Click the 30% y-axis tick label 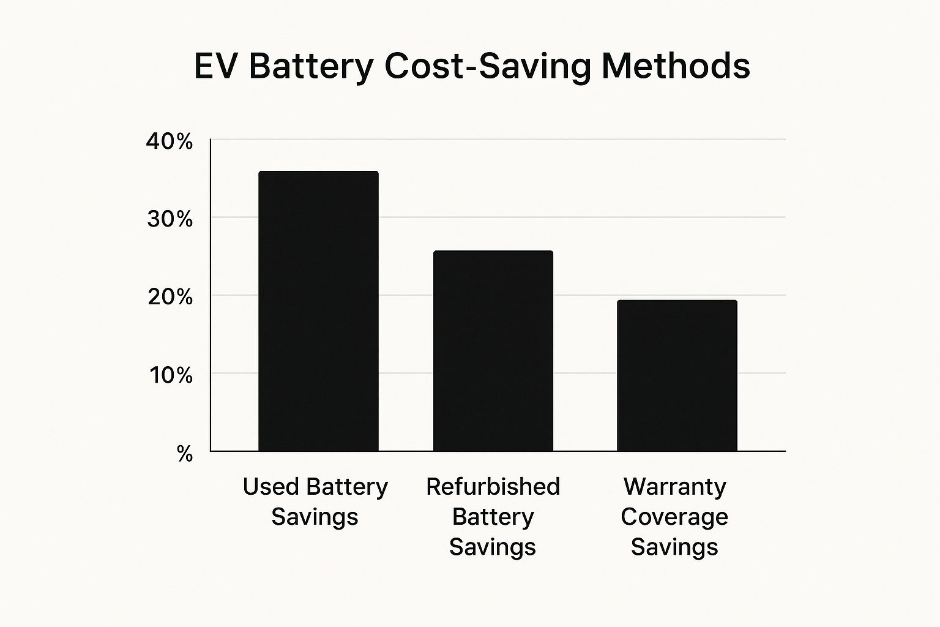click(x=170, y=219)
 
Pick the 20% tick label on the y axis click(x=170, y=297)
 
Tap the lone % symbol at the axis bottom click(x=184, y=454)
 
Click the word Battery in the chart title click(x=311, y=66)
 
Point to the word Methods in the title click(x=676, y=66)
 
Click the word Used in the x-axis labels click(x=269, y=487)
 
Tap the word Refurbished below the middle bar click(x=493, y=487)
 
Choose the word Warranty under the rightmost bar click(x=674, y=487)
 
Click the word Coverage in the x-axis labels click(x=674, y=517)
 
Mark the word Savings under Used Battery click(x=315, y=517)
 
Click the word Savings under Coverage click(x=674, y=547)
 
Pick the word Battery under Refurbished click(x=493, y=517)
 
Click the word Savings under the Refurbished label click(x=493, y=547)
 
